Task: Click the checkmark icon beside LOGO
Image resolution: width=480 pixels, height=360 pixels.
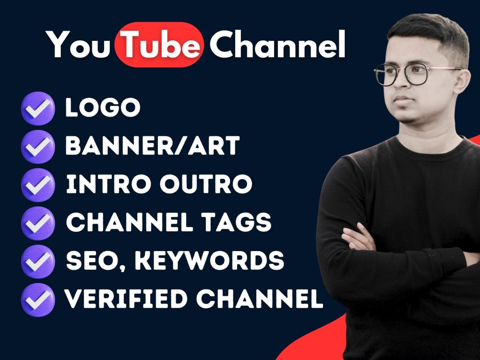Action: tap(38, 108)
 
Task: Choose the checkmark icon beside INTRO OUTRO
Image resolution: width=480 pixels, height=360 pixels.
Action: tap(38, 184)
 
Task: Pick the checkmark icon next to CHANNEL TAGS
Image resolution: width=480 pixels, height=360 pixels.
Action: tap(38, 222)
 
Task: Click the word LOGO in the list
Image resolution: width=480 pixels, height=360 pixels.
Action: tap(103, 108)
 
